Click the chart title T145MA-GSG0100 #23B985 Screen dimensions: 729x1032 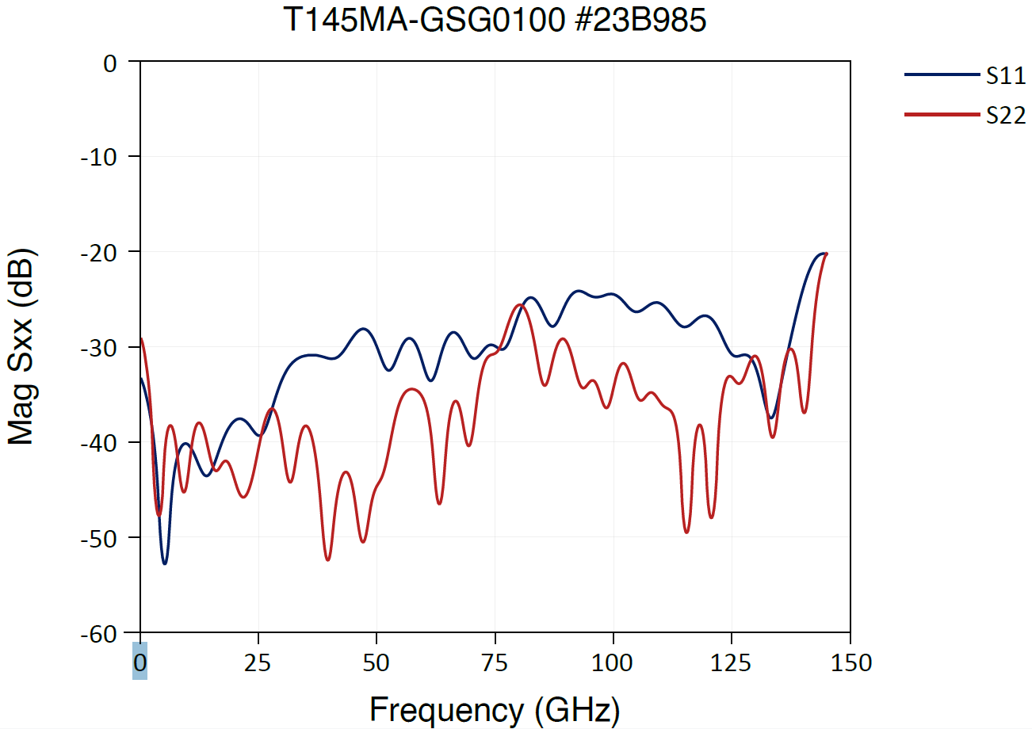pyautogui.click(x=495, y=21)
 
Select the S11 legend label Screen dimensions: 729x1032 pyautogui.click(x=1006, y=76)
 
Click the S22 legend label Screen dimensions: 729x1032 pyautogui.click(x=1006, y=116)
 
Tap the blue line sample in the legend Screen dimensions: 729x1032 pyautogui.click(x=942, y=74)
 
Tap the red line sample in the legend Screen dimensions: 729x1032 pyautogui.click(x=942, y=115)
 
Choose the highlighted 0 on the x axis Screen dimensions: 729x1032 pyautogui.click(x=140, y=662)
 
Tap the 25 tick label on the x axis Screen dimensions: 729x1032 pyautogui.click(x=258, y=662)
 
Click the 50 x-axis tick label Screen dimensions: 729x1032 pyautogui.click(x=376, y=662)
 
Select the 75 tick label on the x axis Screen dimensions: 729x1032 pyautogui.click(x=495, y=662)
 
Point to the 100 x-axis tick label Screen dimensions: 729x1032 pyautogui.click(x=613, y=662)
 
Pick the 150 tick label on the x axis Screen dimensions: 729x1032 pyautogui.click(x=850, y=662)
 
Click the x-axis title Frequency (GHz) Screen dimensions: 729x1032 pyautogui.click(x=495, y=709)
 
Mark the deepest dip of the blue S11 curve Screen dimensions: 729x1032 pyautogui.click(x=165, y=563)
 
